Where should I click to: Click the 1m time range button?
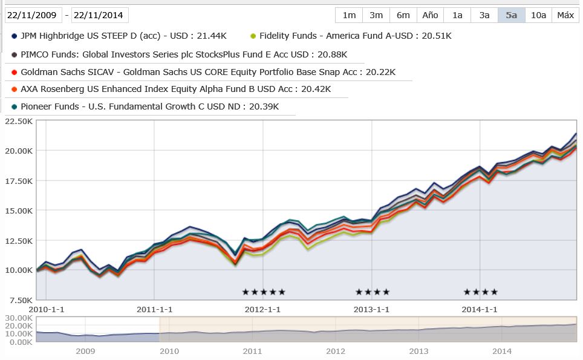click(349, 15)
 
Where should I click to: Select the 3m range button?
click(376, 15)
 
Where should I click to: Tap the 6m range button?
click(403, 15)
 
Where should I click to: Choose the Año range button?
click(430, 15)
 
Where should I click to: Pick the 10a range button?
click(538, 15)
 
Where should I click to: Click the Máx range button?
click(565, 15)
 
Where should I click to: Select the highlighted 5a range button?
click(512, 15)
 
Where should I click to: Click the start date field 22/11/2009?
click(33, 15)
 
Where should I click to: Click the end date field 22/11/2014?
click(100, 15)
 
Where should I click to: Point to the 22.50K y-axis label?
click(18, 121)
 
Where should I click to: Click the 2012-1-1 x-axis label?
click(262, 309)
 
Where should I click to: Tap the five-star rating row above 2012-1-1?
click(263, 292)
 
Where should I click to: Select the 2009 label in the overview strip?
click(85, 351)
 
